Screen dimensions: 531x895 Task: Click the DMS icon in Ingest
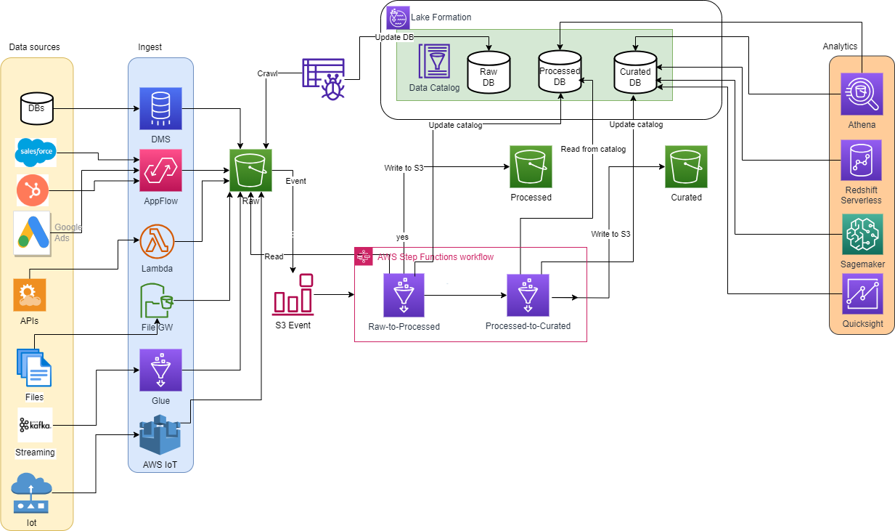[160, 108]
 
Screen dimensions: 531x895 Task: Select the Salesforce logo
[36, 153]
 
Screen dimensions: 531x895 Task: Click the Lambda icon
[158, 241]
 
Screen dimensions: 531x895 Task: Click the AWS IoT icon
[160, 436]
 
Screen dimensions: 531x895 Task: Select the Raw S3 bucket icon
[250, 171]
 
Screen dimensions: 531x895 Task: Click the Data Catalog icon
[434, 62]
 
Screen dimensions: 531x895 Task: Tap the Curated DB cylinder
[635, 71]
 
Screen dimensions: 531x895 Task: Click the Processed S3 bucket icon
[531, 167]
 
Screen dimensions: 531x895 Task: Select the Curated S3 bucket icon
[686, 167]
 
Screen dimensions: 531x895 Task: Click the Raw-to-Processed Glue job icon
[404, 296]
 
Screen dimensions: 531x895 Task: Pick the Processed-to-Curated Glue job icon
[528, 296]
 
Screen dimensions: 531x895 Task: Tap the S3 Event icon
[293, 294]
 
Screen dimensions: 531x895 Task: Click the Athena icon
[862, 94]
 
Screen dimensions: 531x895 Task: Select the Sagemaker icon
[862, 234]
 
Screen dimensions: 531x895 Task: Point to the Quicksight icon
[862, 294]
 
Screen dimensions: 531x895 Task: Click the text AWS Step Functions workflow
[436, 257]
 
